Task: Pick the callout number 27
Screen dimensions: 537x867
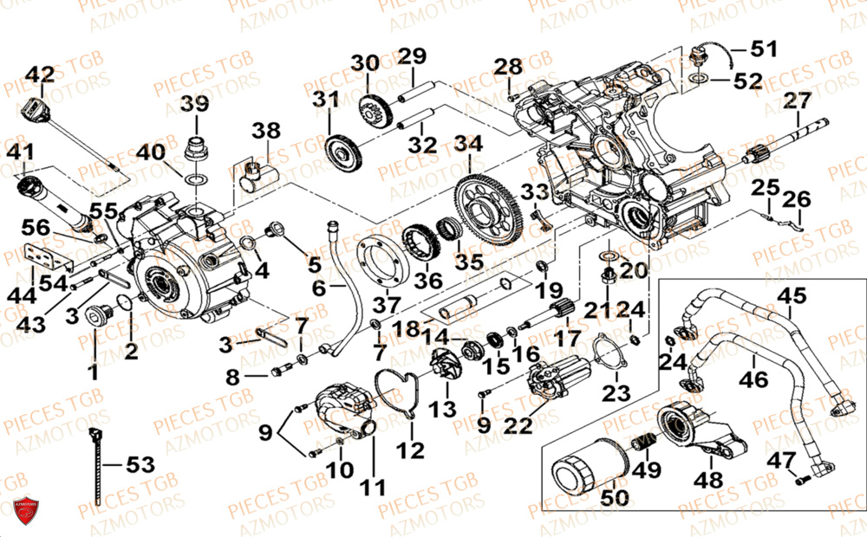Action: pyautogui.click(x=795, y=101)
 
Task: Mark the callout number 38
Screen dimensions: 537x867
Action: pyautogui.click(x=267, y=132)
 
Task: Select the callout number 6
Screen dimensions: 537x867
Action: pyautogui.click(x=319, y=288)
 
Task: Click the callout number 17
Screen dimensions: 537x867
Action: pyautogui.click(x=569, y=338)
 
